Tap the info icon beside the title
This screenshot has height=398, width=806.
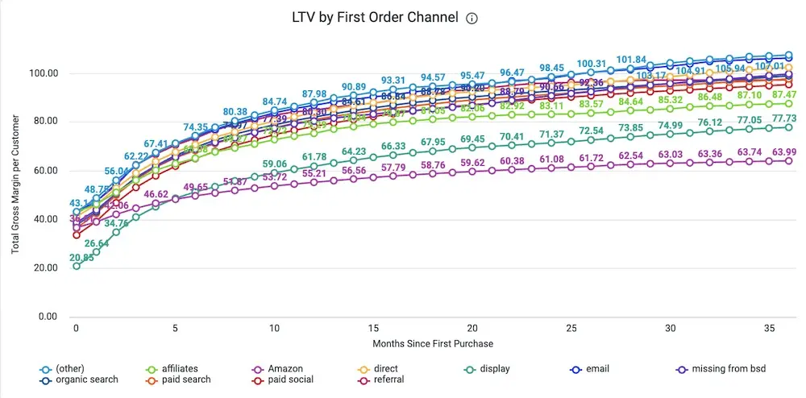pos(472,19)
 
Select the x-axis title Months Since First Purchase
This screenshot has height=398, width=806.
pos(433,343)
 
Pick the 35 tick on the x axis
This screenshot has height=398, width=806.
pos(768,329)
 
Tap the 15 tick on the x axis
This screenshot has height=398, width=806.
pos(373,329)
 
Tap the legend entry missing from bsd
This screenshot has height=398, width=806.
pos(719,369)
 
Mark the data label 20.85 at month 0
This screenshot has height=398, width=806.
pos(81,258)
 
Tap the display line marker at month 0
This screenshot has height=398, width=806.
pos(77,266)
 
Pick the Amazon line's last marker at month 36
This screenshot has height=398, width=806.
pos(788,160)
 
